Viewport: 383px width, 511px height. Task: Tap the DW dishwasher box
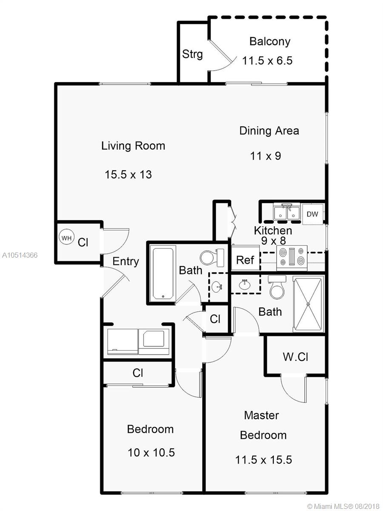(312, 214)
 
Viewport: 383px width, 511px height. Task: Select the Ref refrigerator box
(245, 260)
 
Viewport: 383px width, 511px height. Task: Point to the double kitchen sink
(287, 212)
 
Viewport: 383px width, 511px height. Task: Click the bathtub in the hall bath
(163, 273)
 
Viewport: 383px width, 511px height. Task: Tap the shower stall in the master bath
(308, 303)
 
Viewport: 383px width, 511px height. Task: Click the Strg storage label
(192, 55)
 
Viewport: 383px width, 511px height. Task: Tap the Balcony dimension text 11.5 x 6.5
(267, 60)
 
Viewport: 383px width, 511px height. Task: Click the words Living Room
(133, 146)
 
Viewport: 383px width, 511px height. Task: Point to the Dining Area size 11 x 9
(266, 156)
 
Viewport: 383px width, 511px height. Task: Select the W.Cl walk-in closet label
(295, 356)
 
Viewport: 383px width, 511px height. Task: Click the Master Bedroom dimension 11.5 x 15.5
(263, 460)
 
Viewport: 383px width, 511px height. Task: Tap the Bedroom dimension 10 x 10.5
(151, 452)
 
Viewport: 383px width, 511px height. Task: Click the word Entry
(126, 261)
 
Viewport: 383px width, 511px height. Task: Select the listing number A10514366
(20, 255)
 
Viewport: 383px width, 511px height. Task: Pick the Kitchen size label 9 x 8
(273, 240)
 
